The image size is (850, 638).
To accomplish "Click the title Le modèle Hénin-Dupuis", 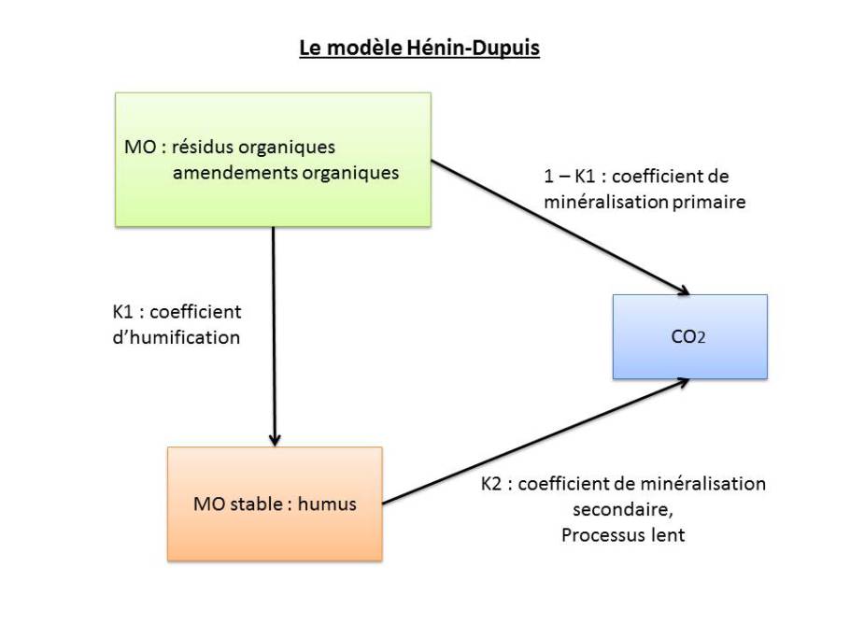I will (419, 48).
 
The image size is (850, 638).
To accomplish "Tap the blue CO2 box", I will (689, 336).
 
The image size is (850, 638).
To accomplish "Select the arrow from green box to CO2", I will (560, 226).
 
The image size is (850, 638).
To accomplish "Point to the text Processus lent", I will (623, 536).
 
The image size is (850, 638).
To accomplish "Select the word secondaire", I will (617, 510).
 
